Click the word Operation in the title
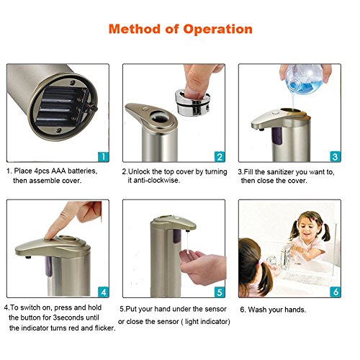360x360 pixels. click(x=218, y=30)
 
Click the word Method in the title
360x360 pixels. click(x=135, y=29)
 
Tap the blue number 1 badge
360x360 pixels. click(x=103, y=157)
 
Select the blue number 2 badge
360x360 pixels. click(x=220, y=157)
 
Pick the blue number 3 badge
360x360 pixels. click(x=336, y=157)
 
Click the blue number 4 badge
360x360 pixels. click(x=103, y=292)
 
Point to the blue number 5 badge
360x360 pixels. click(x=220, y=292)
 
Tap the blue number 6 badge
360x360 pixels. click(x=336, y=292)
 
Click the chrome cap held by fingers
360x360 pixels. click(x=192, y=102)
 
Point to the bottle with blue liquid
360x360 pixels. click(x=304, y=79)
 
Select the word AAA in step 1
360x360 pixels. click(x=58, y=171)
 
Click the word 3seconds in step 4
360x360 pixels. click(x=68, y=318)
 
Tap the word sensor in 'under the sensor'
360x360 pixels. click(x=215, y=309)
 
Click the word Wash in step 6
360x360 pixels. click(x=257, y=310)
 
